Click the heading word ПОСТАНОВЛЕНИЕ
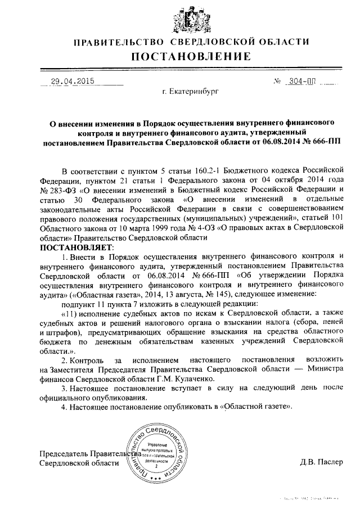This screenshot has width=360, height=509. (x=191, y=56)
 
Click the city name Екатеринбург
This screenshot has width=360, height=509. (x=190, y=91)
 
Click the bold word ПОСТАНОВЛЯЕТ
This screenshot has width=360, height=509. (x=76, y=247)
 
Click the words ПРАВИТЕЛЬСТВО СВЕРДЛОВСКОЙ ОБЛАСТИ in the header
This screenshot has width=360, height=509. (x=191, y=42)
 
